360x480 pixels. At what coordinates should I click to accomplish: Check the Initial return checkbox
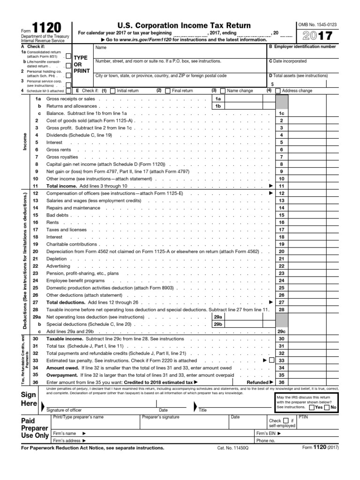(x=112, y=91)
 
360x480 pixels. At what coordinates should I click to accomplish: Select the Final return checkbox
(x=168, y=91)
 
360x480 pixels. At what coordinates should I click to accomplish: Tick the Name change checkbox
(x=223, y=91)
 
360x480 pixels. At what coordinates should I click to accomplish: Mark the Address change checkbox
(x=278, y=91)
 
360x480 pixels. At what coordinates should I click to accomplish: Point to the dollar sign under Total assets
(x=272, y=83)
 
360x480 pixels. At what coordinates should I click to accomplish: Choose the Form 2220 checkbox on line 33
(x=271, y=361)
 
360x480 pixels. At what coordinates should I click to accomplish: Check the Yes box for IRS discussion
(x=312, y=407)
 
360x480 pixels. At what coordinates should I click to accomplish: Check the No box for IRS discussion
(x=327, y=407)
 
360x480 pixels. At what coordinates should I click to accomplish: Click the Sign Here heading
(x=29, y=399)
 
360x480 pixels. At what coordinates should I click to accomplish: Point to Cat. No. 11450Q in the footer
(x=233, y=448)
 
